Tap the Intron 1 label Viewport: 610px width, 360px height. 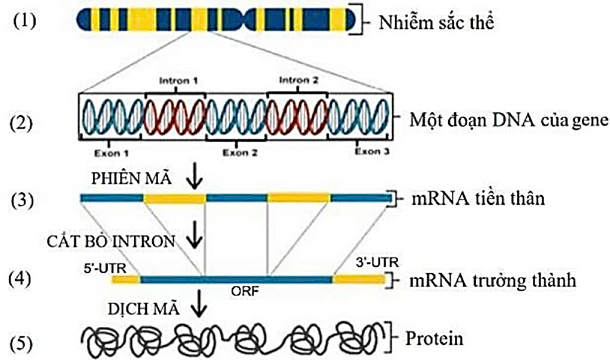coord(176,79)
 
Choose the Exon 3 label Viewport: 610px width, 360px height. coord(372,152)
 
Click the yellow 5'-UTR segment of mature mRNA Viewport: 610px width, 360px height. coord(125,279)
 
